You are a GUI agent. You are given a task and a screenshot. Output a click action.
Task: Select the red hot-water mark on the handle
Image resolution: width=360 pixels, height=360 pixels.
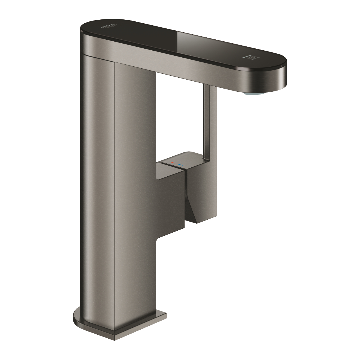(x=172, y=163)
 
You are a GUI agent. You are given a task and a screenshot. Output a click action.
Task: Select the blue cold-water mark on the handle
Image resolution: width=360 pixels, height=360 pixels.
(x=180, y=165)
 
